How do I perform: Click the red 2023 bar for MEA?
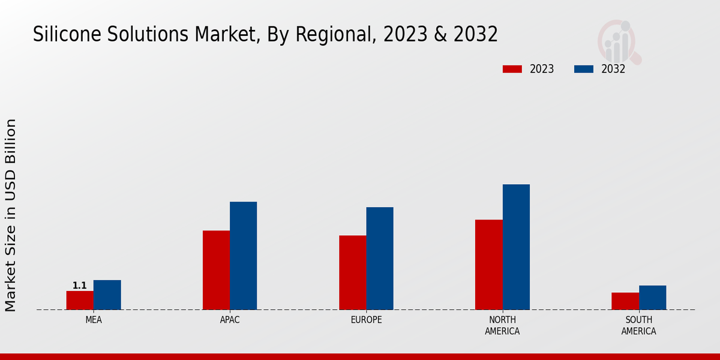click(80, 300)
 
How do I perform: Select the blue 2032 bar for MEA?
click(107, 295)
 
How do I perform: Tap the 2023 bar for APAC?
click(216, 270)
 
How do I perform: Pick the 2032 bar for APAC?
click(243, 256)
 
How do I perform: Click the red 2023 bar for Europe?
click(352, 272)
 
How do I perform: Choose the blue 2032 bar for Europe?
click(380, 258)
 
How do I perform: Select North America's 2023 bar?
click(488, 265)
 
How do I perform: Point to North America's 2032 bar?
click(516, 247)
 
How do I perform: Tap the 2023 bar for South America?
click(625, 301)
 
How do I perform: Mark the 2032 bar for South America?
click(652, 297)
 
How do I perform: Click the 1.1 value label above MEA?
click(80, 286)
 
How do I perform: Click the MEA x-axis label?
click(94, 320)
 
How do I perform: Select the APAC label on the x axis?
click(230, 320)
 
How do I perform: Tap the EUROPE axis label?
click(366, 320)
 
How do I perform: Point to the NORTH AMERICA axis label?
click(502, 325)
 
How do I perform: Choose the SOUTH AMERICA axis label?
click(638, 325)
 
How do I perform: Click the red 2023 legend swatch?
click(512, 69)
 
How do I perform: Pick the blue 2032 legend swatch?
click(583, 69)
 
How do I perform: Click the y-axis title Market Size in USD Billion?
click(11, 215)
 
